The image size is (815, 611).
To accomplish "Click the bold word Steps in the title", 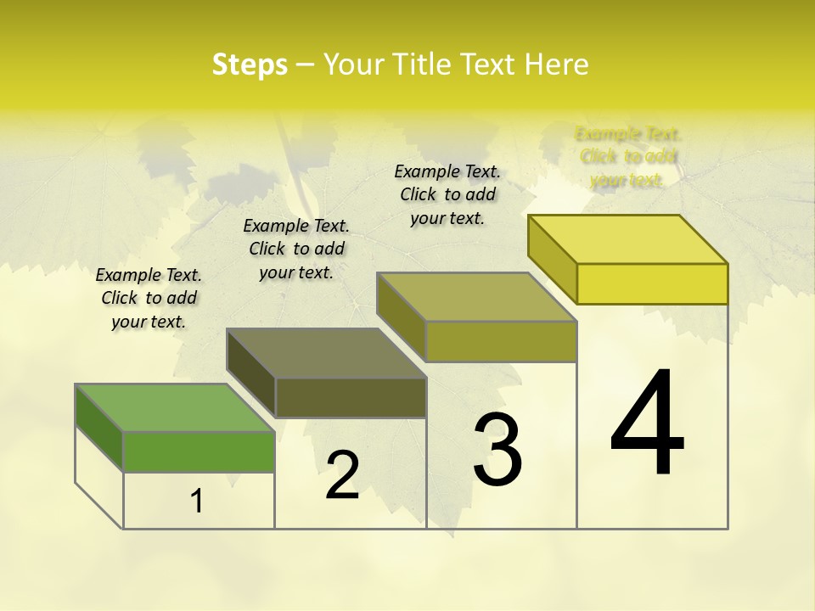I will [x=250, y=64].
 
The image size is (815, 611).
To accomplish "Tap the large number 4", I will [x=647, y=424].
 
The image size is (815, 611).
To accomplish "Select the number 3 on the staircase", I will [x=497, y=450].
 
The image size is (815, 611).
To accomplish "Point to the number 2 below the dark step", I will [x=343, y=475].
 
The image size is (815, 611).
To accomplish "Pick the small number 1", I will [x=196, y=502].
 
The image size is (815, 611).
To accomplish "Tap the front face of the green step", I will [x=199, y=451].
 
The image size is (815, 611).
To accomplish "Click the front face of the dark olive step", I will [x=351, y=397].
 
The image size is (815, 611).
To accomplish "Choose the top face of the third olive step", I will [x=477, y=297].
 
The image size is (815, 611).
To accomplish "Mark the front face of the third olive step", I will [x=501, y=341].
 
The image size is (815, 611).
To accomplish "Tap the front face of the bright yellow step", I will [x=652, y=283].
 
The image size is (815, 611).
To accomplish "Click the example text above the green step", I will [x=149, y=298].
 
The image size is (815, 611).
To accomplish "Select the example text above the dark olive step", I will [x=296, y=249].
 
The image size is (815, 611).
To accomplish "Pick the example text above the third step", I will [x=447, y=194].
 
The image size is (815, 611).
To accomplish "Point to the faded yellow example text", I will [x=628, y=157].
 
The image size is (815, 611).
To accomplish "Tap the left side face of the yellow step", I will [x=553, y=258].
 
